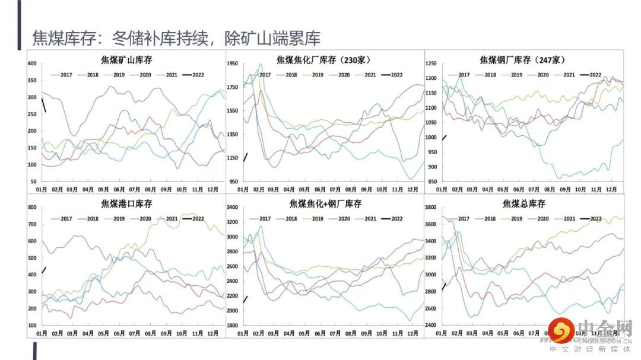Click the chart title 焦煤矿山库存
126,59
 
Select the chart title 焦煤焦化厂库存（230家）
323,59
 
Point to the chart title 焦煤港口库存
126,204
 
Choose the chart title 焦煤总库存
523,204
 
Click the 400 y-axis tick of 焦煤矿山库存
32,63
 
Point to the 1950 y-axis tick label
232,63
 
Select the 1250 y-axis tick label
431,63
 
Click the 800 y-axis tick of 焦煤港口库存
32,208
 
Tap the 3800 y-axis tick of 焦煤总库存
431,208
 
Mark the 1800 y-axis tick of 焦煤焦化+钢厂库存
232,326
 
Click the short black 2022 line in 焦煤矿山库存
44,106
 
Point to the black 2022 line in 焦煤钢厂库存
444,138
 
